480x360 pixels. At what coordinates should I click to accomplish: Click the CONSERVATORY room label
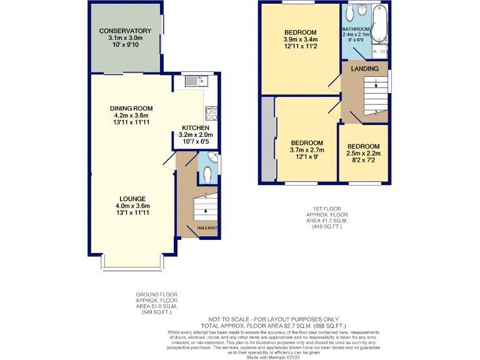pyautogui.click(x=125, y=31)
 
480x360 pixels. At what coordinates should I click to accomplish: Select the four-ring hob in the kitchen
pyautogui.click(x=210, y=114)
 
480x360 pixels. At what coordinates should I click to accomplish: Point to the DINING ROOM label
pyautogui.click(x=131, y=108)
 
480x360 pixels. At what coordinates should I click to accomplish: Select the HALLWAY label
pyautogui.click(x=207, y=228)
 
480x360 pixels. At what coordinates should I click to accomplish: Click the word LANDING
pyautogui.click(x=364, y=68)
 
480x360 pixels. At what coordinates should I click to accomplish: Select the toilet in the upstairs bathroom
pyautogui.click(x=349, y=12)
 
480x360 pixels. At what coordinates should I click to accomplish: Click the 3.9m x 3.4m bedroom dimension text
pyautogui.click(x=300, y=40)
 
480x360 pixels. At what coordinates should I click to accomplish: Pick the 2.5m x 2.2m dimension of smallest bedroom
pyautogui.click(x=363, y=154)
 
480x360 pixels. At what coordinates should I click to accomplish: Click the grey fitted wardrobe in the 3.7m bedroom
pyautogui.click(x=267, y=139)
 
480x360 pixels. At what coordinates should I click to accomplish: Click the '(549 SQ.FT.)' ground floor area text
pyautogui.click(x=157, y=312)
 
